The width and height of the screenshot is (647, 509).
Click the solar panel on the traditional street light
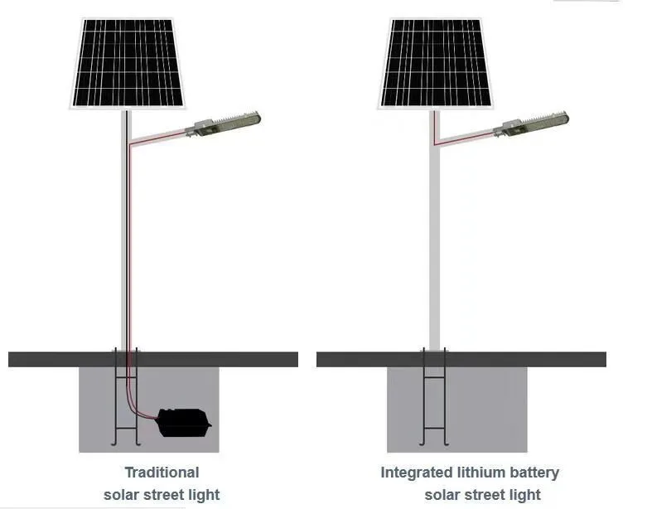click(x=127, y=64)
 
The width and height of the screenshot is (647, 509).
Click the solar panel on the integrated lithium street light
click(x=435, y=64)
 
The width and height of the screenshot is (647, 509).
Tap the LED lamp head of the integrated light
click(x=535, y=122)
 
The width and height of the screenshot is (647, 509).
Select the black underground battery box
click(x=184, y=422)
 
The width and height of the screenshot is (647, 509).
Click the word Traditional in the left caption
click(x=162, y=473)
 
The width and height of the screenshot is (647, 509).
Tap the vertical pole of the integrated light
click(x=435, y=249)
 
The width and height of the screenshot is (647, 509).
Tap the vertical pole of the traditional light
click(x=127, y=249)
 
